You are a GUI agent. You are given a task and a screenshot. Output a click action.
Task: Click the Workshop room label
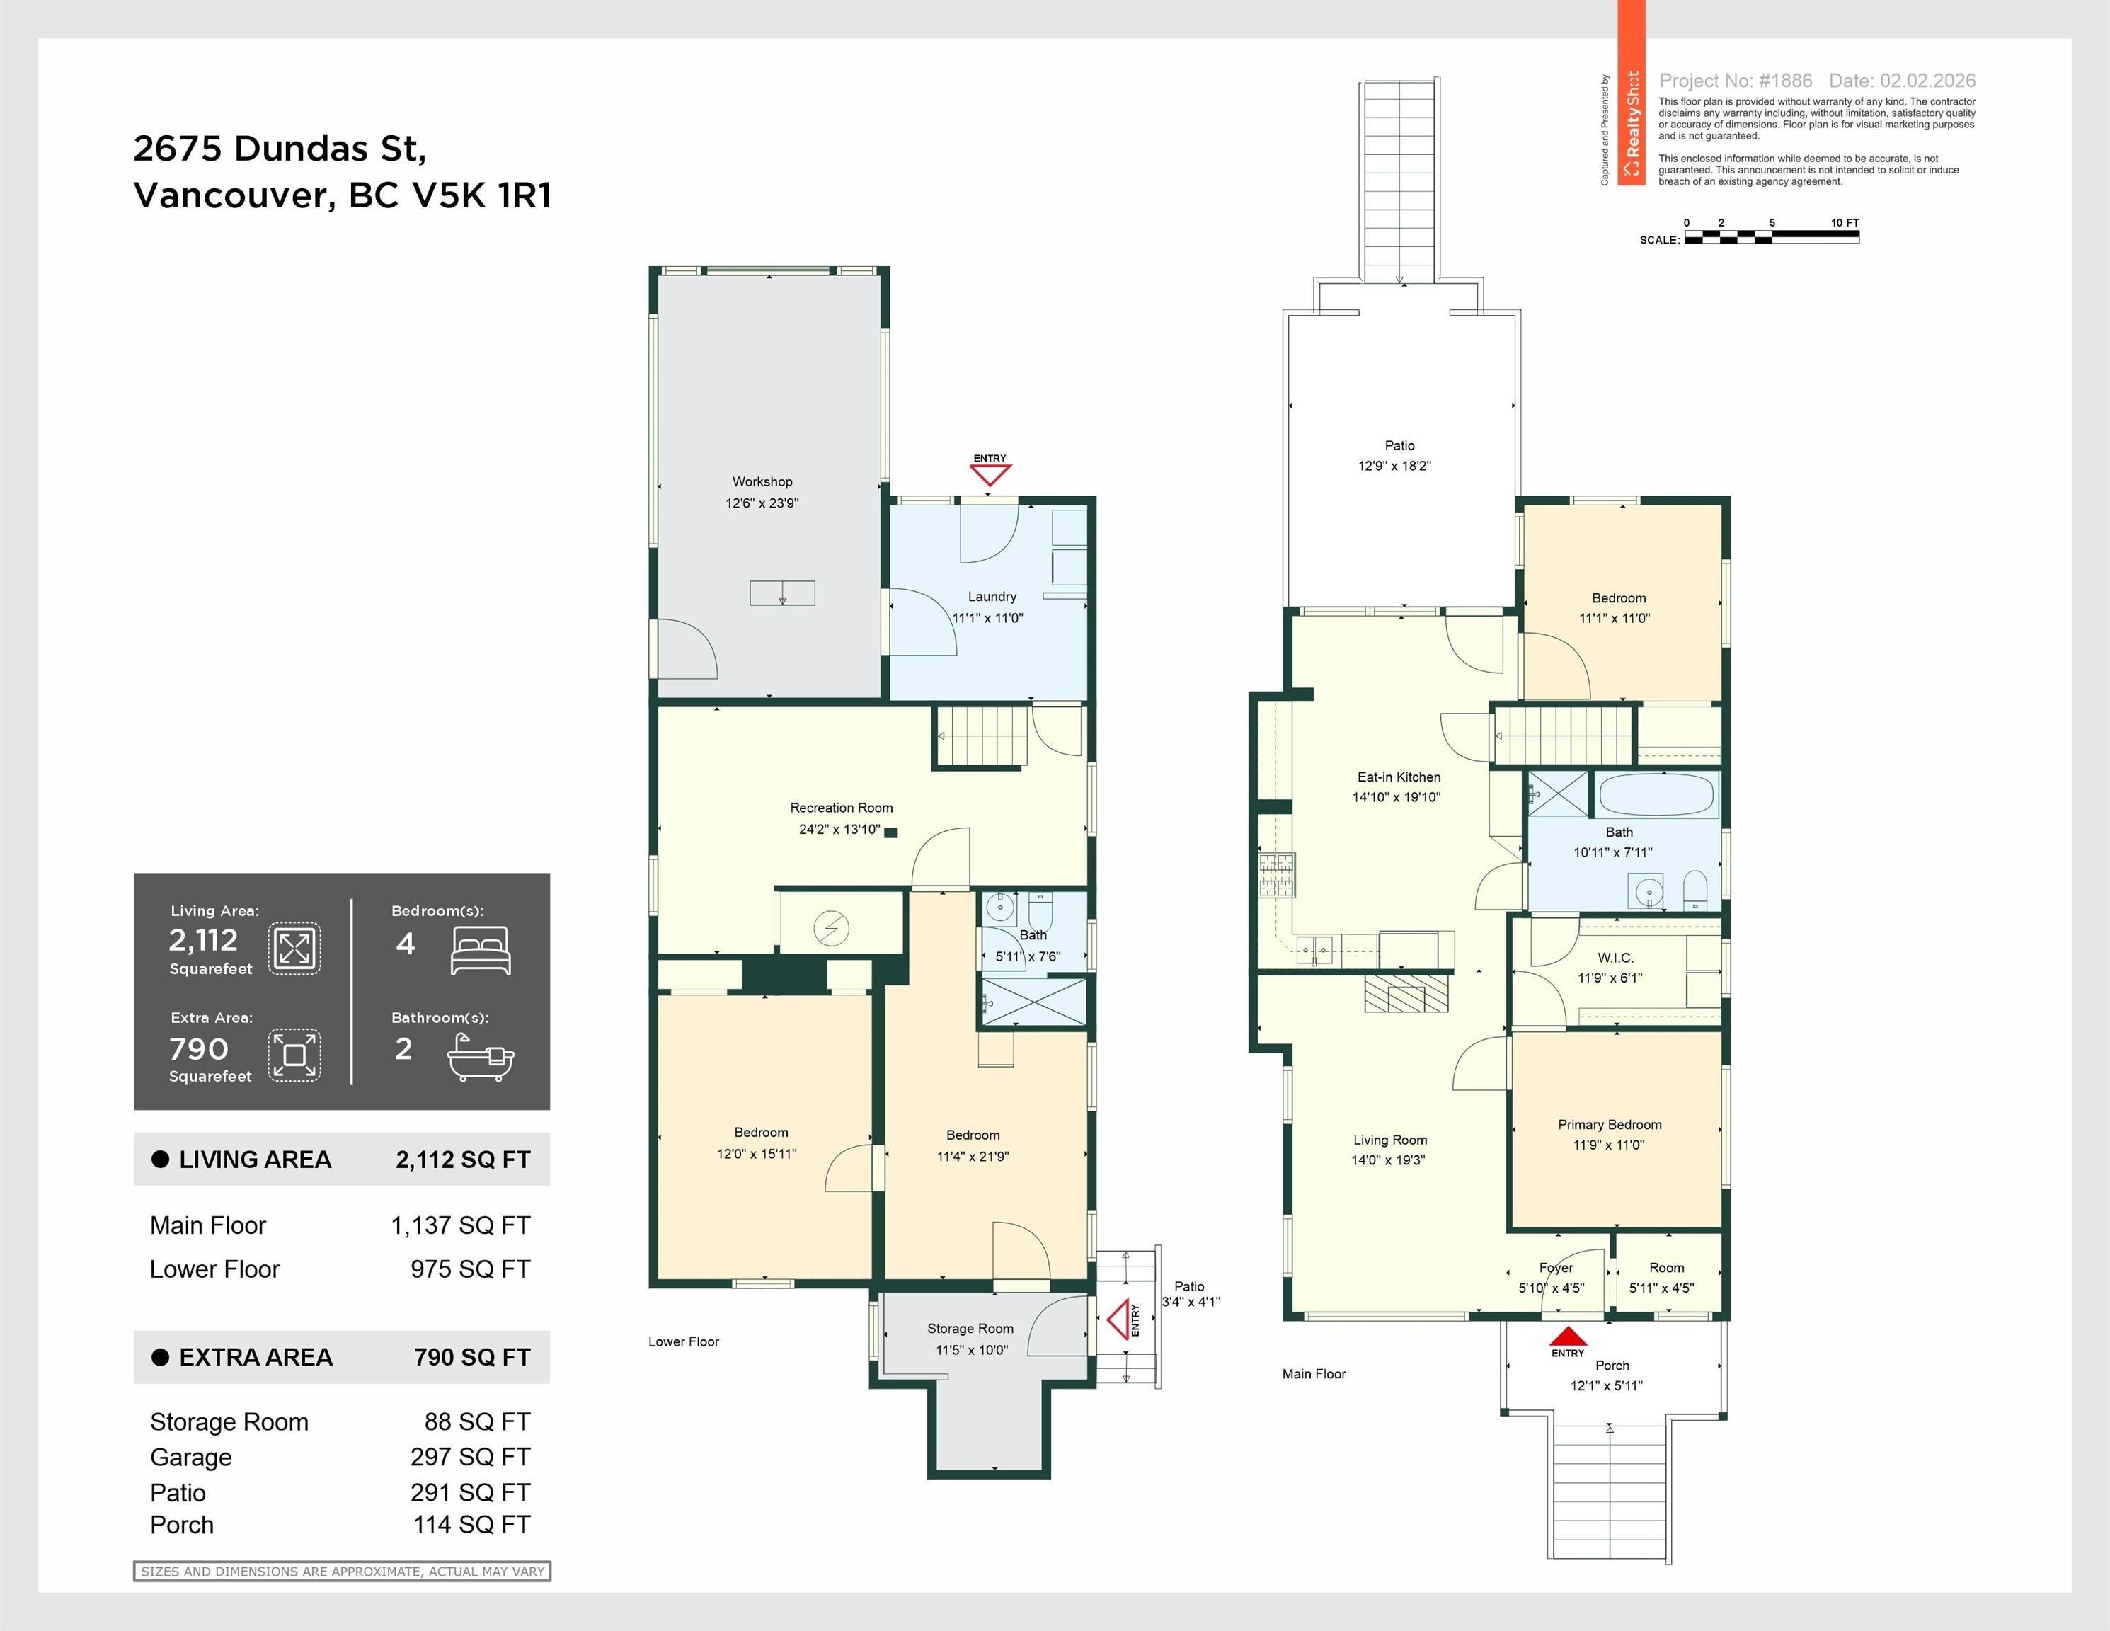coord(762,481)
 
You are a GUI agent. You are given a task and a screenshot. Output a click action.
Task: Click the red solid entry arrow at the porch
coord(1567,1337)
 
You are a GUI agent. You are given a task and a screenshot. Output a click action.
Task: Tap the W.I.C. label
coord(1615,958)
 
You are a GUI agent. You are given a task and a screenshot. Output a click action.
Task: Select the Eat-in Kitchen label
coord(1398,777)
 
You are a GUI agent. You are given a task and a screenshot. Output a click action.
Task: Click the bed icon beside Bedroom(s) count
coord(480,950)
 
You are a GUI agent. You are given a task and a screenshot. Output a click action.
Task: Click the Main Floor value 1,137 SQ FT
coord(460,1225)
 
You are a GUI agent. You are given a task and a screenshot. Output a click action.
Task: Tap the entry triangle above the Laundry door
coord(990,474)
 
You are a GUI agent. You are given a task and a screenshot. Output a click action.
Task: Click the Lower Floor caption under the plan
coord(683,1341)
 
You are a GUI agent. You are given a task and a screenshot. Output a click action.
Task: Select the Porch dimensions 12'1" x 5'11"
coord(1606,1385)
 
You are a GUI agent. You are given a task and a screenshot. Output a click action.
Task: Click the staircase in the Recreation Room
coord(982,736)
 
